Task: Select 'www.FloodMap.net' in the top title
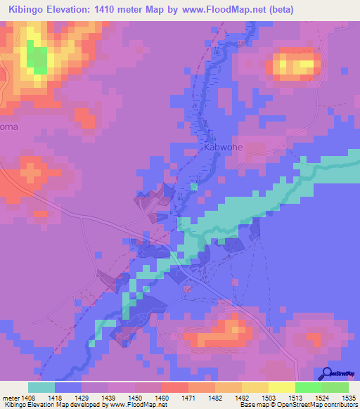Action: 221,9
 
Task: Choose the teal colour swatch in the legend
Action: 41,387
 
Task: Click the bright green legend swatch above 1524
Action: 308,387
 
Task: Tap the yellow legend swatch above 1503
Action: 281,387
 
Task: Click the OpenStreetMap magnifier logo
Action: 328,374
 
